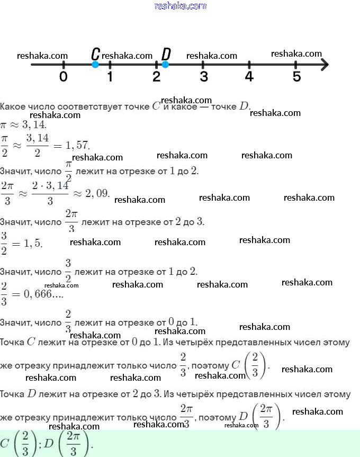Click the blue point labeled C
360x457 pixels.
pyautogui.click(x=95, y=65)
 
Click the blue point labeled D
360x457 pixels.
pyautogui.click(x=165, y=65)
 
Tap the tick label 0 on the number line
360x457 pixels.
pyautogui.click(x=64, y=77)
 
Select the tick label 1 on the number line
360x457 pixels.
pyautogui.click(x=110, y=77)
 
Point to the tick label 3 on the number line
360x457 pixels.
pyautogui.click(x=203, y=77)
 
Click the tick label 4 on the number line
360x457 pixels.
pyautogui.click(x=249, y=77)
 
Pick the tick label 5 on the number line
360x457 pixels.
pyautogui.click(x=296, y=77)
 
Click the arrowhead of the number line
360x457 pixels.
pyautogui.click(x=325, y=65)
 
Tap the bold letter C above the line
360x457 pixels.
pyautogui.click(x=95, y=54)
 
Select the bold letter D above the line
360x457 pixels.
pyautogui.click(x=166, y=54)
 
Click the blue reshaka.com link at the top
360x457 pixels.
pyautogui.click(x=180, y=6)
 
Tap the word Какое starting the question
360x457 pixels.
pyautogui.click(x=12, y=106)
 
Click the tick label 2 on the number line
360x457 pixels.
pyautogui.click(x=156, y=77)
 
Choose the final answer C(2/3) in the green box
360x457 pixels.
pyautogui.click(x=16, y=442)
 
